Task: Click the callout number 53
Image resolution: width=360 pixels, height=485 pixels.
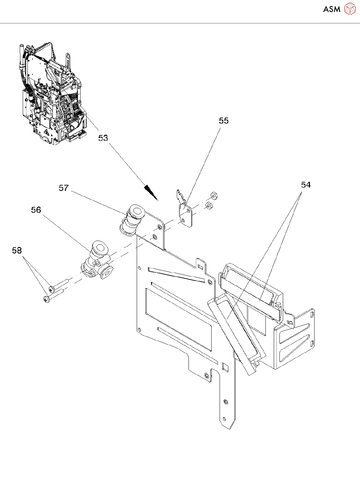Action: click(x=103, y=138)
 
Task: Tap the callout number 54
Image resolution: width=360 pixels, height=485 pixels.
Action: click(x=306, y=185)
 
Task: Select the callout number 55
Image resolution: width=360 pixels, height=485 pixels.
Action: click(x=224, y=121)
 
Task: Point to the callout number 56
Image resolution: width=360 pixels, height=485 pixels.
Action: click(x=36, y=210)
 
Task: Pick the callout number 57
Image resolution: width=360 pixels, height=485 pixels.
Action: click(x=64, y=188)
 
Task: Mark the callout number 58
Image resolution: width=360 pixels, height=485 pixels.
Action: click(x=17, y=250)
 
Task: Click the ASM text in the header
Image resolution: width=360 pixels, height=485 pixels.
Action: click(x=332, y=9)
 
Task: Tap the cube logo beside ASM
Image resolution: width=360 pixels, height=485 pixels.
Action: click(x=350, y=9)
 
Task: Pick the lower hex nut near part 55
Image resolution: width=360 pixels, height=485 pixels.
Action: click(x=209, y=206)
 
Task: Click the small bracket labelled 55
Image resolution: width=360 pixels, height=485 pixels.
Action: click(x=185, y=213)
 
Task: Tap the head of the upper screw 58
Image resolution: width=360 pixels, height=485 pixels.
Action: click(x=51, y=288)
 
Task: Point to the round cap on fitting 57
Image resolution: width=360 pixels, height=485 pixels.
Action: click(x=137, y=211)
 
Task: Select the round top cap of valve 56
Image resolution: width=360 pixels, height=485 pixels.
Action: click(x=99, y=247)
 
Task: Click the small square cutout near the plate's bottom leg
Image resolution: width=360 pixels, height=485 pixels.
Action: click(x=225, y=367)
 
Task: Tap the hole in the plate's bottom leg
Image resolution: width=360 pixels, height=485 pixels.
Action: click(x=225, y=401)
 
